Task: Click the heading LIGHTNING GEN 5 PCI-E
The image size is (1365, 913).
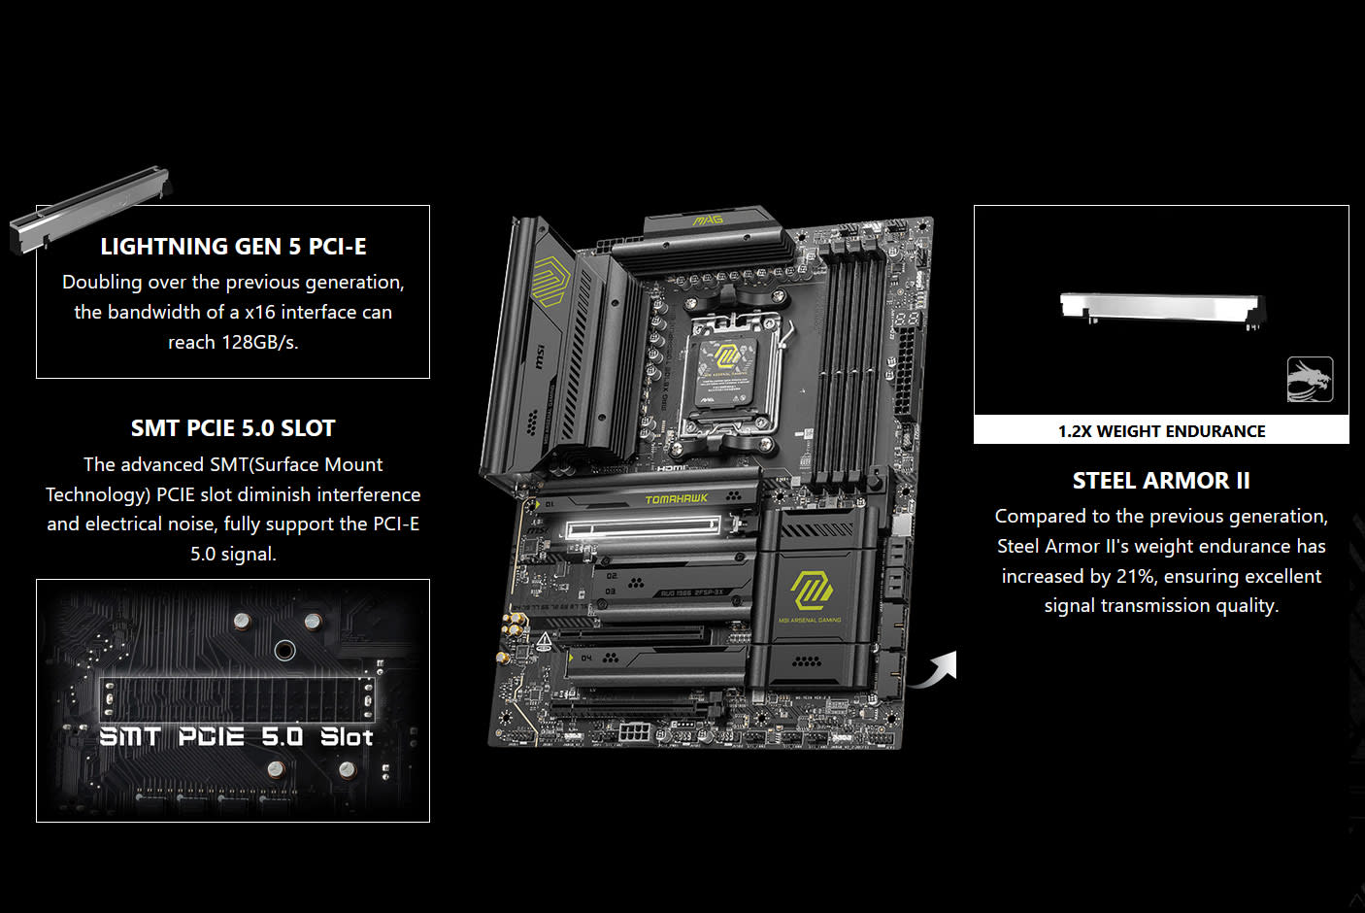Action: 233,247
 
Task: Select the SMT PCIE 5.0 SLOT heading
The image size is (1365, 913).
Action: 233,428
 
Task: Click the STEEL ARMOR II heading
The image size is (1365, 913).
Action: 1161,481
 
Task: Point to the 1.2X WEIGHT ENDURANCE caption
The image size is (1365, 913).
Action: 1161,431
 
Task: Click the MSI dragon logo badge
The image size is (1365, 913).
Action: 1310,380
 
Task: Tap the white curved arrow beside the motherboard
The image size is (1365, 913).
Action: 935,669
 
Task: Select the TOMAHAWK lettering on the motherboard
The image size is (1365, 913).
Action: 677,499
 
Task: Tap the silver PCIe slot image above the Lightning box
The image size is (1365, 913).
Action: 92,212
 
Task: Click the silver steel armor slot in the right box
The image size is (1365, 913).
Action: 1161,308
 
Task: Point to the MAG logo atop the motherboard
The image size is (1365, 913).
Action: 709,221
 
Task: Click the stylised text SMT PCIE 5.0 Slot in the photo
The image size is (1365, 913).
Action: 236,737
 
